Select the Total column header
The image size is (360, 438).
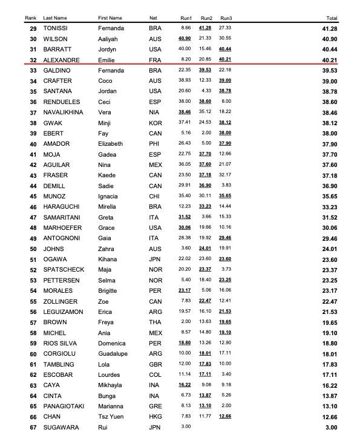[332, 19]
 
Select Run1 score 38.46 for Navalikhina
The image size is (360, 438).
[185, 113]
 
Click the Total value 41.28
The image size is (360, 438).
[331, 28]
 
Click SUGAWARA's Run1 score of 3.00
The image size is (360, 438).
[186, 428]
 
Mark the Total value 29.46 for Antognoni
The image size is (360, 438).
[331, 238]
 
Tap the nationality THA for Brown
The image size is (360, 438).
[154, 322]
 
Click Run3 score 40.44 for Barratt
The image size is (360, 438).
[225, 50]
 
